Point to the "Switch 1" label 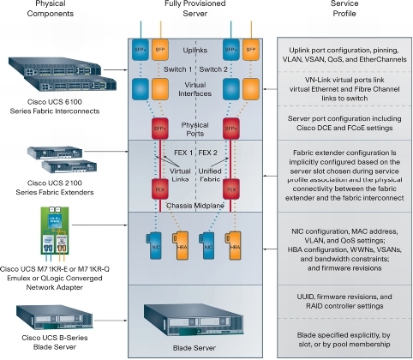[175, 67]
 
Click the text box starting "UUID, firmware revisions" [345, 299]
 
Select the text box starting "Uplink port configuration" [345, 51]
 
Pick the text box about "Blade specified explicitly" [345, 336]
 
